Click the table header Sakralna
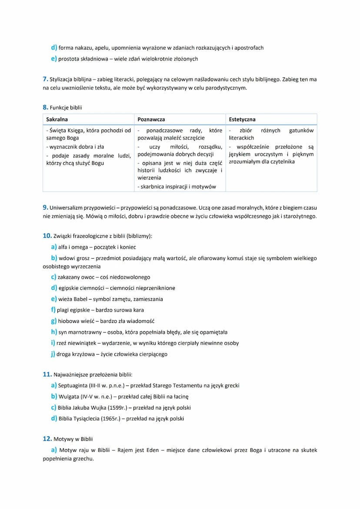point(57,119)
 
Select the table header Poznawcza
point(151,119)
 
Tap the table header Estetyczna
point(242,119)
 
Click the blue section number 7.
point(45,79)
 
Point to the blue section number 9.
point(45,207)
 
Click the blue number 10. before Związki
point(47,236)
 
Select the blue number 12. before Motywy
point(47,439)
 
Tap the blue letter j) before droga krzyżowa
point(53,354)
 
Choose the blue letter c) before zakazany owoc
point(53,277)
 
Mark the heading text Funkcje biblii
point(66,108)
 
